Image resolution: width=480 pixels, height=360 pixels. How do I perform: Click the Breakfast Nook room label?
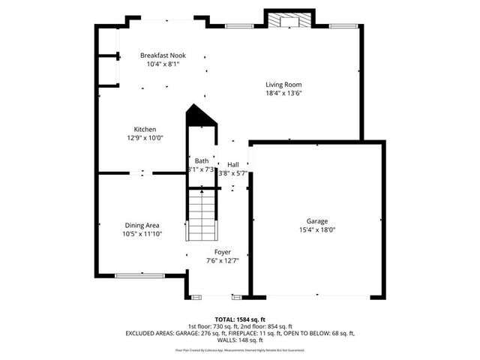coord(163,55)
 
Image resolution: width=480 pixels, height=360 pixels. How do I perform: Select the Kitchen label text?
coord(145,129)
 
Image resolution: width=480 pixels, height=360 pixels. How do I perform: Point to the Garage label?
coord(316,221)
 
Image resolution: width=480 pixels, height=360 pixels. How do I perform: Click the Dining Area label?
coord(142,225)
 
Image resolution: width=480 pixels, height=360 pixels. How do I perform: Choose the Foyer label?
coord(222,252)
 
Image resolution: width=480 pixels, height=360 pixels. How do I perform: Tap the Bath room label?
coord(202,161)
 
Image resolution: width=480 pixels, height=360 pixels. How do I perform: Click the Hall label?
coord(233,164)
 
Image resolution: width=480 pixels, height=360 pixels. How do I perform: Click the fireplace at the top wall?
coord(283,20)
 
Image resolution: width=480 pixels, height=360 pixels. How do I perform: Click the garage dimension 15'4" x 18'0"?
coord(316,230)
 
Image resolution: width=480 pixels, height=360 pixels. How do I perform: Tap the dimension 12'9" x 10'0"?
coord(145,138)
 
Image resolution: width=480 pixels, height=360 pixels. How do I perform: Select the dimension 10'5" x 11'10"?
coord(142,234)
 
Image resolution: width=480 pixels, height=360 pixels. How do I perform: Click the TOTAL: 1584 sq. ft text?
coord(240,319)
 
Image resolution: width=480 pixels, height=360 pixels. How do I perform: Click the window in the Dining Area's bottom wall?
coord(140,275)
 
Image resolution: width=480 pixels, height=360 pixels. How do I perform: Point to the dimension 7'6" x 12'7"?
coord(222,261)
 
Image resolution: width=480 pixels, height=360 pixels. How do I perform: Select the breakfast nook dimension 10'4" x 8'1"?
coord(163,64)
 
